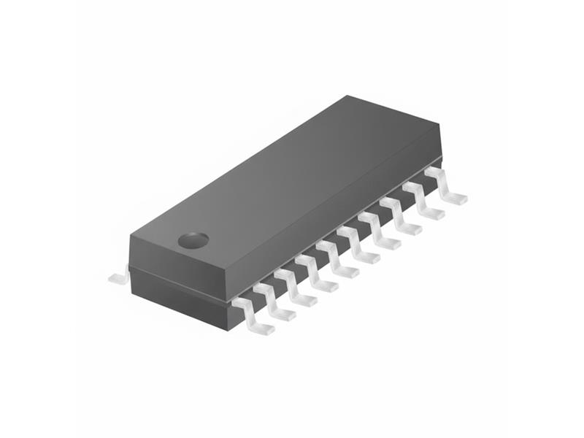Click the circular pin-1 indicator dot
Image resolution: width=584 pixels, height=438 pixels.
click(x=193, y=239)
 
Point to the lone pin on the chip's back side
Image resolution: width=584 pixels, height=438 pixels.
click(x=118, y=278)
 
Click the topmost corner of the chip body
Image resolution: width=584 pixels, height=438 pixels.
click(x=350, y=96)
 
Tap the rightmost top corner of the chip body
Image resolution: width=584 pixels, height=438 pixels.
click(x=440, y=123)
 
